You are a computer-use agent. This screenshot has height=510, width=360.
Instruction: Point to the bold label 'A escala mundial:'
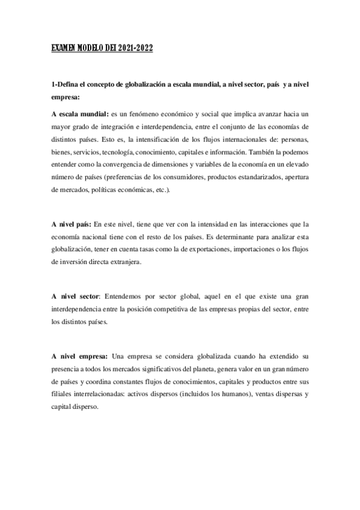click(x=79, y=114)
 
